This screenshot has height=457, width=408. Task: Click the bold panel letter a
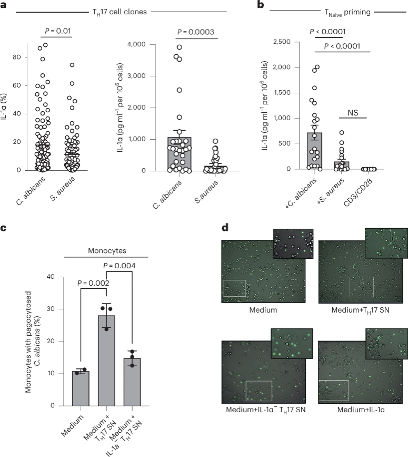tap(5, 6)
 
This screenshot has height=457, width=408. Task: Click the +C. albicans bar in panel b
tap(314, 150)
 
